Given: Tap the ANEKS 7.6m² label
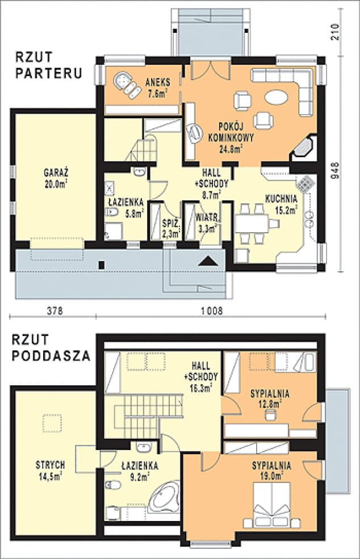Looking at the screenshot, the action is [157, 87].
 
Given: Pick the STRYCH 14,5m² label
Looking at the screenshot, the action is [50, 470].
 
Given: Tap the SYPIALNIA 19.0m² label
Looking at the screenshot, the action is [271, 470].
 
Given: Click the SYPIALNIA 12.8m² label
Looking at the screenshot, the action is [270, 398].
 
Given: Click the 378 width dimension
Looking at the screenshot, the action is [55, 311].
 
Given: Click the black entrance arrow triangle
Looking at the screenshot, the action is [208, 261].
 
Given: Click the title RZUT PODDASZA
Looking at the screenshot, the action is [51, 347].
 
